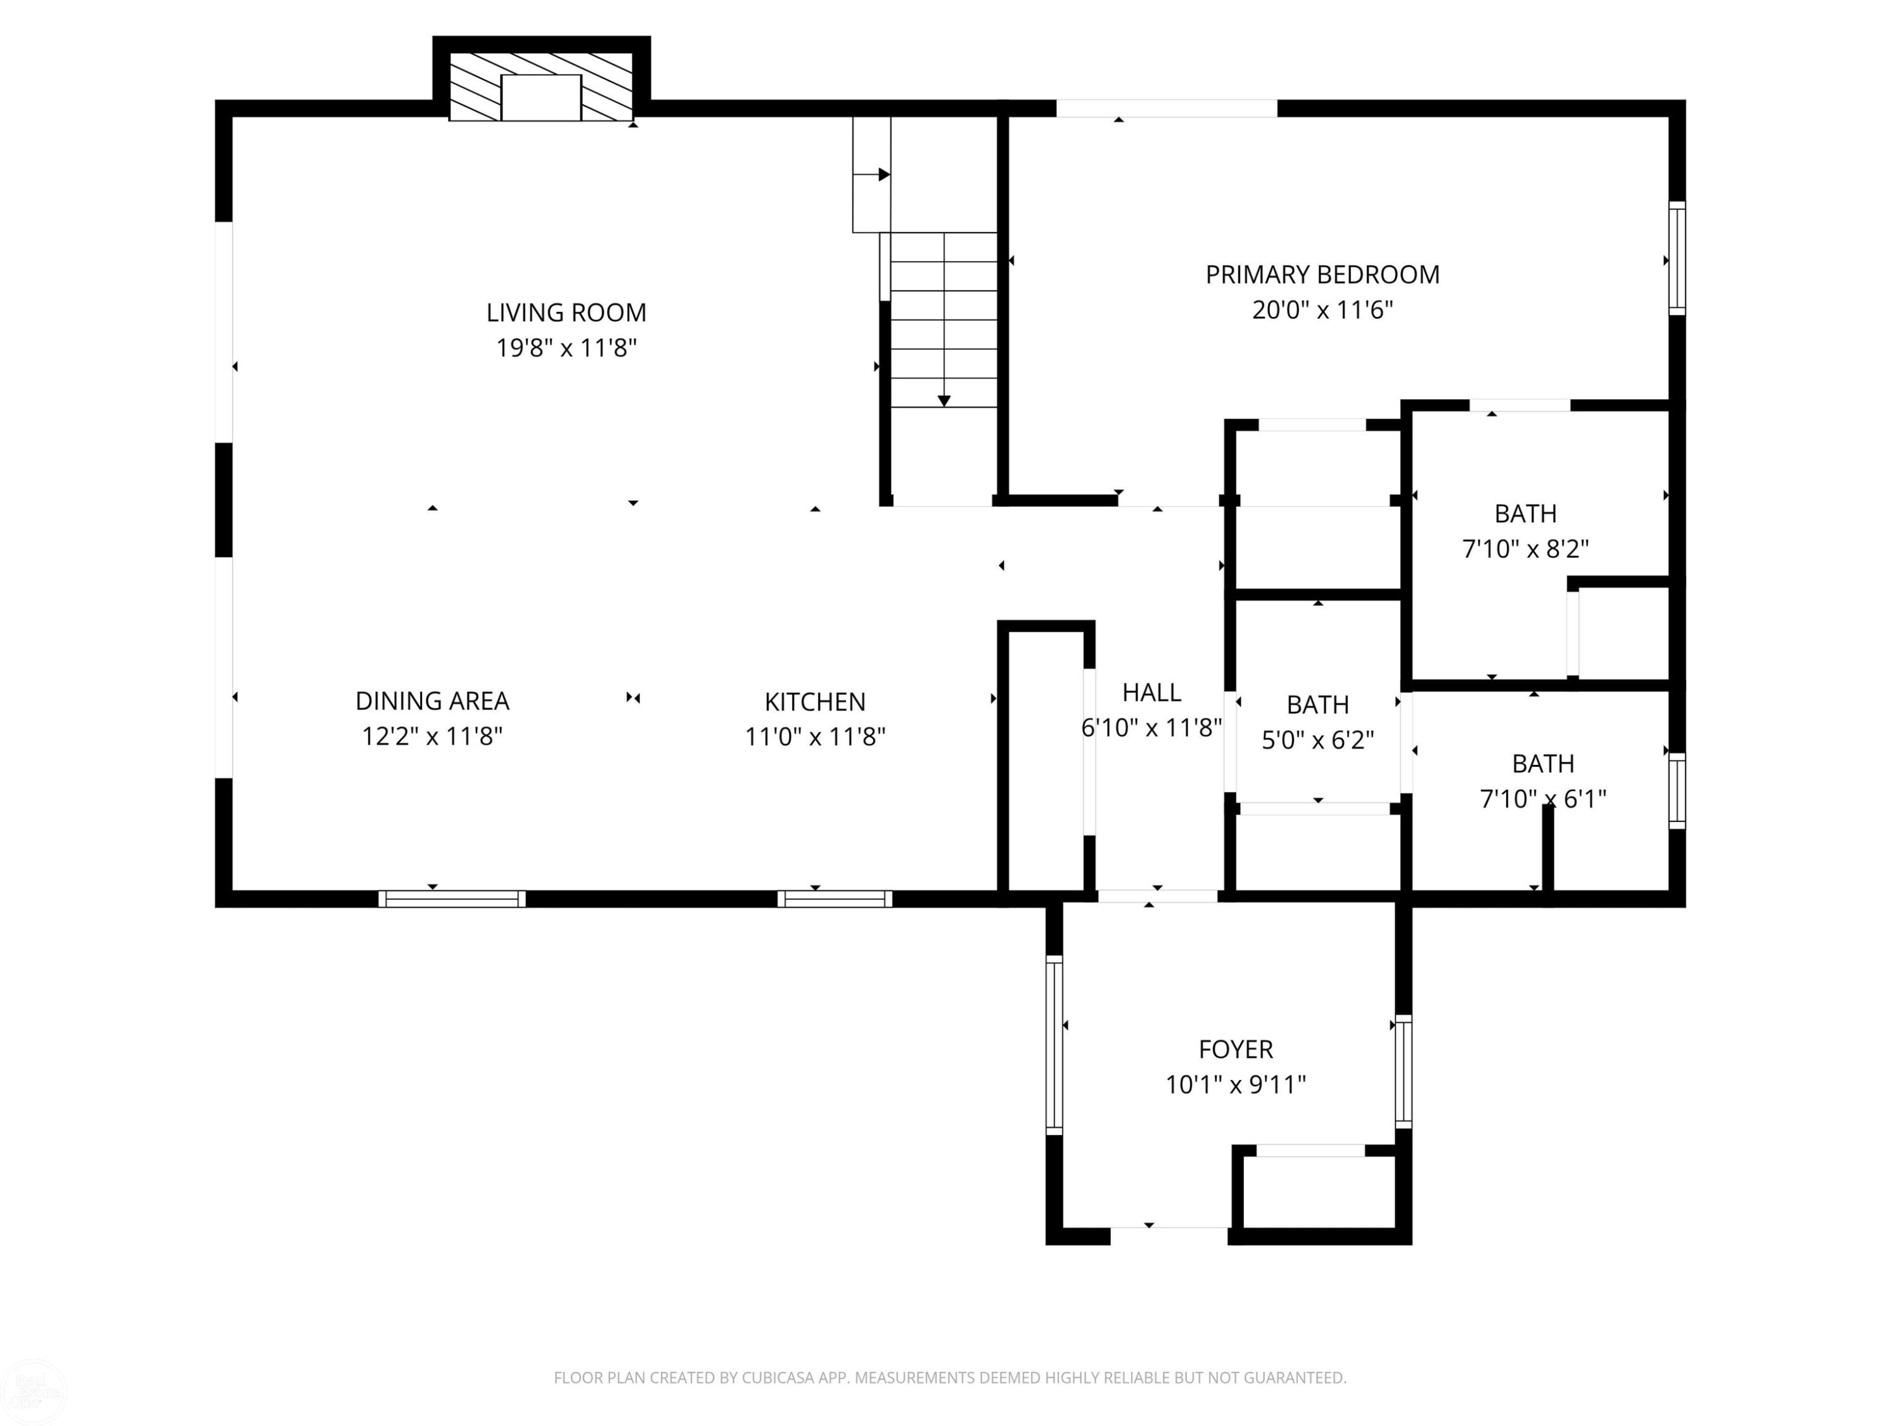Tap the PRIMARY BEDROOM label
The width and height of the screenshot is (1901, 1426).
(x=1322, y=274)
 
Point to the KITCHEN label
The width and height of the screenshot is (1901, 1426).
(x=815, y=702)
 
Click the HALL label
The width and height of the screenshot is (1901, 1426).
(x=1151, y=692)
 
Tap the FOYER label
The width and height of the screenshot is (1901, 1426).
(x=1236, y=1049)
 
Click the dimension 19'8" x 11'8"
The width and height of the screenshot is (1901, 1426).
(x=566, y=348)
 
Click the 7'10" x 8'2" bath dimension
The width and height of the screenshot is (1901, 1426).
(x=1525, y=548)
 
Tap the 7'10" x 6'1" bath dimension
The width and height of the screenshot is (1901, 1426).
(x=1542, y=799)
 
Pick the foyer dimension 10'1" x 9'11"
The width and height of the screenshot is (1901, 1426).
(x=1236, y=1085)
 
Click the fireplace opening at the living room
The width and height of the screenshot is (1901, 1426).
(x=541, y=97)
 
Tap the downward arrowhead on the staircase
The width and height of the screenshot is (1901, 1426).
(x=944, y=401)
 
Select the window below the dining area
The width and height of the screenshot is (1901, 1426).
(x=452, y=899)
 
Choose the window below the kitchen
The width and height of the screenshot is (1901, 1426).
(x=835, y=899)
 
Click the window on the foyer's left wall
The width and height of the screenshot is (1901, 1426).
(x=1054, y=1044)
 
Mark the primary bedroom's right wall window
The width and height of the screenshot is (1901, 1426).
(x=1677, y=258)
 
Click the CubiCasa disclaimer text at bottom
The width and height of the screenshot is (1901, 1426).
(x=950, y=1378)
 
